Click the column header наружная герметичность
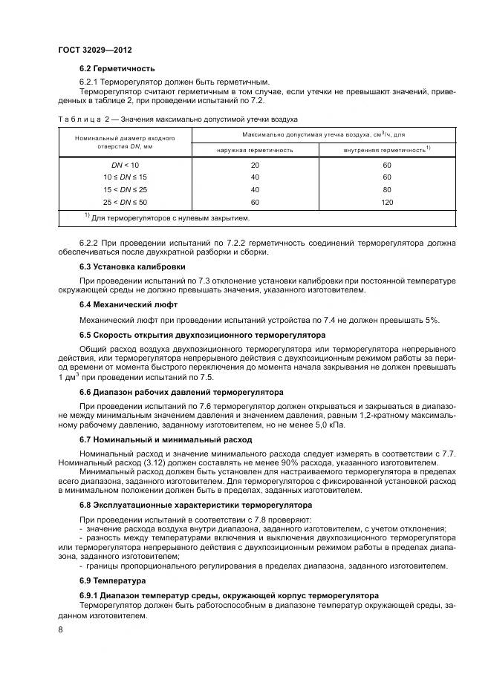click(255, 150)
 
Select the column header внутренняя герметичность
click(384, 150)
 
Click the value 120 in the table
click(386, 202)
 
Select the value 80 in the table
click(386, 190)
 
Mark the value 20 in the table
click(255, 166)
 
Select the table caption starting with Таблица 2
click(178, 118)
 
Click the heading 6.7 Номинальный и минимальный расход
click(166, 439)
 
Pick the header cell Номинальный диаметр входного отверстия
click(125, 143)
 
